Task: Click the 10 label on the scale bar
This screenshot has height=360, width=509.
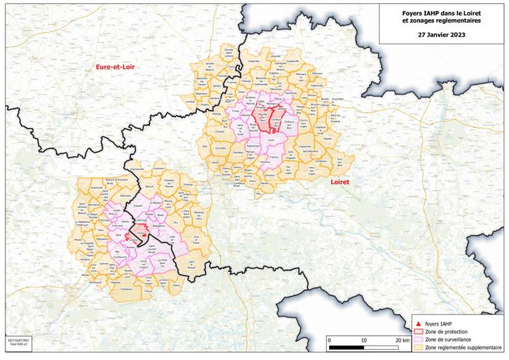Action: point(364,339)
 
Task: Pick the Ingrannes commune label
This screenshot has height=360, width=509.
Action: point(305,146)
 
